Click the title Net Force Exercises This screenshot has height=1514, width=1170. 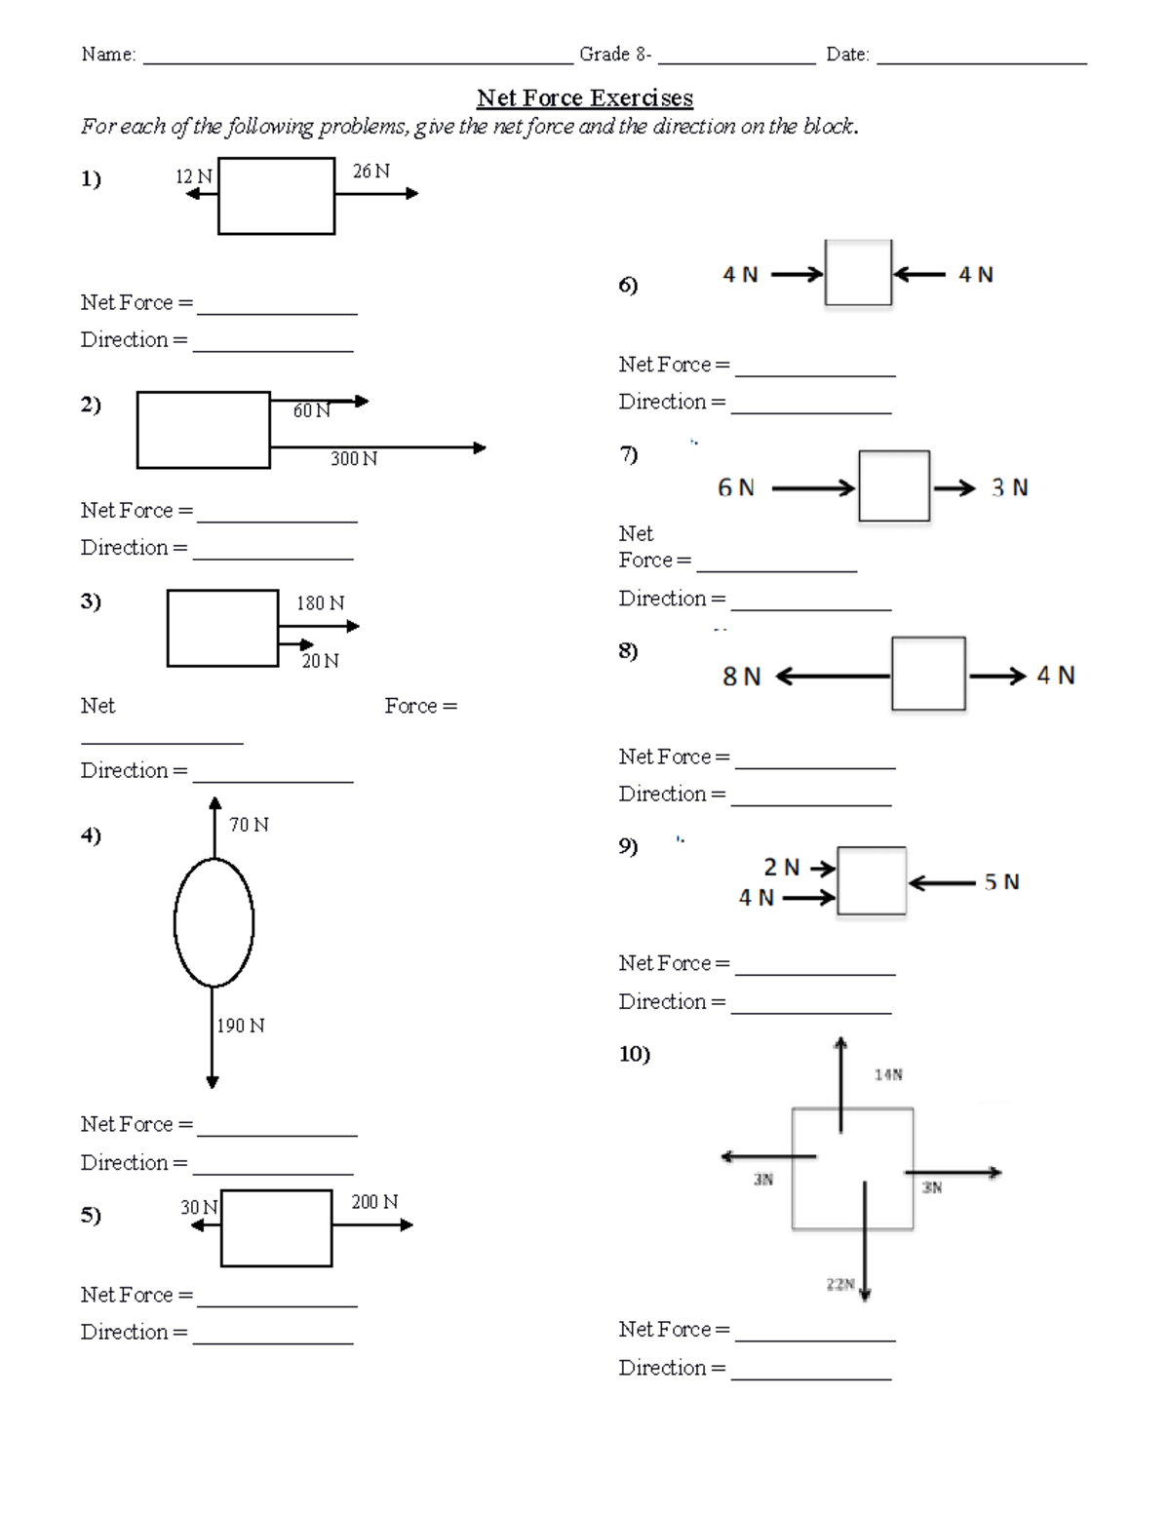tap(585, 98)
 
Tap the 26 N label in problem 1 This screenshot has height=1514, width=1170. tap(370, 172)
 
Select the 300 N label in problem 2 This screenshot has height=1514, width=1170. tap(354, 458)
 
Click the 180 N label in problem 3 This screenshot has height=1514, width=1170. tap(321, 602)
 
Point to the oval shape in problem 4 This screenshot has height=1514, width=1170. tap(174, 922)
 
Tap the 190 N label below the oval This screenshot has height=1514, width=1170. tap(241, 1026)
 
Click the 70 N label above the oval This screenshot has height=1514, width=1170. tap(249, 825)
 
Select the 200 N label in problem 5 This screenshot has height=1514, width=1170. tap(374, 1202)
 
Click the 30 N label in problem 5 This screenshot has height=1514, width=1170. tap(199, 1208)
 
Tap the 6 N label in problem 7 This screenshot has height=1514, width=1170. tap(736, 487)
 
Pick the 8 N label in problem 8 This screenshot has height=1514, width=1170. tap(741, 676)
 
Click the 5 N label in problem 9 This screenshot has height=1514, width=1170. tap(1001, 882)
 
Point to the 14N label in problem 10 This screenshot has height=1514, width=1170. tap(888, 1075)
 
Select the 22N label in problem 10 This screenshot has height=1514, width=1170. tap(840, 1284)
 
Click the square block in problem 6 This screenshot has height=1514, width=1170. tap(826, 272)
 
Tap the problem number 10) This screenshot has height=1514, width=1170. tap(634, 1054)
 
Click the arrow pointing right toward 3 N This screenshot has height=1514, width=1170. tap(954, 487)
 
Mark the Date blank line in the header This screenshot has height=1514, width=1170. tap(982, 64)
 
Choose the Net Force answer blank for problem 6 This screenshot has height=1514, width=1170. tap(815, 376)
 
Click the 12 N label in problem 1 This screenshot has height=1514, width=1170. tap(194, 177)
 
